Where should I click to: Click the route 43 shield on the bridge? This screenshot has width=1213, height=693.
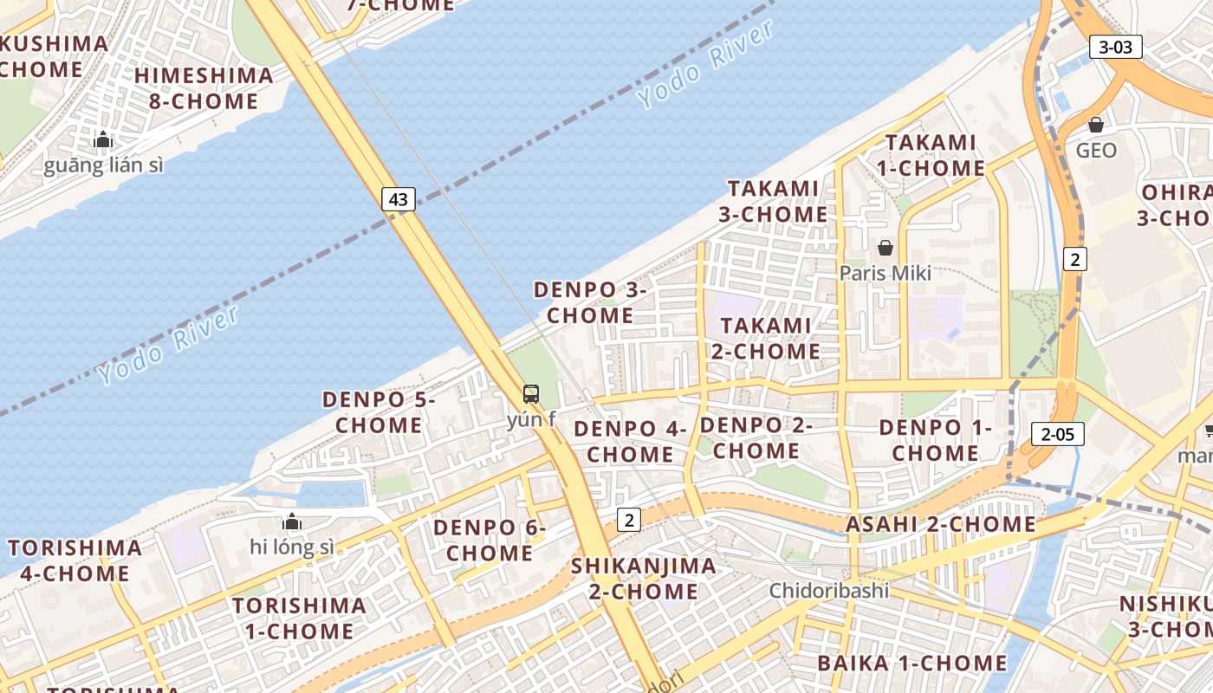(398, 199)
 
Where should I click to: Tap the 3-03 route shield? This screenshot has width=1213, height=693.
(1115, 47)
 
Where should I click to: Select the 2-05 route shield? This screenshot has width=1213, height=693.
(1057, 434)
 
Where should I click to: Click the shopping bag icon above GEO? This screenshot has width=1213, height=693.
(1096, 125)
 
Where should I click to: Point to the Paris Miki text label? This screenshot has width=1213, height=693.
(885, 273)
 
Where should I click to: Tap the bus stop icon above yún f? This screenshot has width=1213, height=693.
(531, 394)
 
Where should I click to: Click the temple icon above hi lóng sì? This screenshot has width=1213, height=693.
(292, 521)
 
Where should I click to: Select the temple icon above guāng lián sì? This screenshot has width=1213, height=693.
(103, 139)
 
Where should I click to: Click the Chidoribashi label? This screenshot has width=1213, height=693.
(830, 591)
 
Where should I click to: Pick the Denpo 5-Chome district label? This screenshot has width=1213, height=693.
(379, 412)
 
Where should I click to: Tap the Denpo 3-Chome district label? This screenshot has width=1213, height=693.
(590, 302)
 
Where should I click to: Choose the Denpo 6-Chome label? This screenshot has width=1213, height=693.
(490, 540)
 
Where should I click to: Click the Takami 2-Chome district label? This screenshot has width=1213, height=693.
(765, 339)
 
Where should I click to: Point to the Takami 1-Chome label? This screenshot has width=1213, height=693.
(931, 155)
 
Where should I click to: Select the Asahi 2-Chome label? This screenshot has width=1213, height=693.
(940, 524)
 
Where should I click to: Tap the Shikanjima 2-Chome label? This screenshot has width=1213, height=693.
(643, 579)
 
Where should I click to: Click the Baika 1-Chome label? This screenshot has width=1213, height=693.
(912, 664)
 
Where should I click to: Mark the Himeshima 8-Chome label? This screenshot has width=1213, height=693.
(204, 88)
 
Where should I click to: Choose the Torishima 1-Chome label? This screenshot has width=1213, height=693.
(299, 618)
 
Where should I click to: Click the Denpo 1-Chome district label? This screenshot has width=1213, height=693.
(935, 440)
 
